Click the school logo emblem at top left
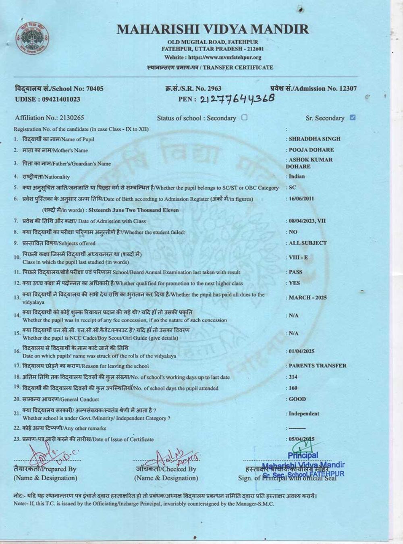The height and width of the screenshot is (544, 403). [33, 39]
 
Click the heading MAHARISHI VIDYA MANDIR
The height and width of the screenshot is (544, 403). [212, 29]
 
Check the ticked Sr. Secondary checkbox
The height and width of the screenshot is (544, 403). [353, 118]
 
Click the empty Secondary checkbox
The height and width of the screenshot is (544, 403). [244, 118]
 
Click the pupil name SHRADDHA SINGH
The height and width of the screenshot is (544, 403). [314, 139]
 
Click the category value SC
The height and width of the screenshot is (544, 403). [292, 188]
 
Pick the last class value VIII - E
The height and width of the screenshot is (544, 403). [298, 257]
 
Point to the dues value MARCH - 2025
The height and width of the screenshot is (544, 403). [307, 298]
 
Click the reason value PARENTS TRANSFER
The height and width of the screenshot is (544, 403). [318, 366]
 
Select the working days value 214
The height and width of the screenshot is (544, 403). [293, 377]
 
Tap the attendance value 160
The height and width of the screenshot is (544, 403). [293, 388]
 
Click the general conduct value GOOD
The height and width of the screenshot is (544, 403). [297, 399]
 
